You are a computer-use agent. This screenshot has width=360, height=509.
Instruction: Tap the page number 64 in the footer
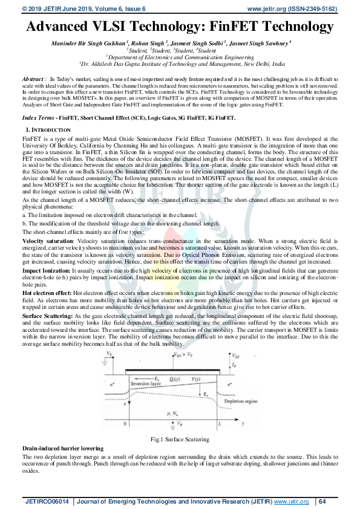point(322,501)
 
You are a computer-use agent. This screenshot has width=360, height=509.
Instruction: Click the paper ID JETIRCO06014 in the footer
point(46,501)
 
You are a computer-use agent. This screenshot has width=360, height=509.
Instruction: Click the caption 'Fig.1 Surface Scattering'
point(180,439)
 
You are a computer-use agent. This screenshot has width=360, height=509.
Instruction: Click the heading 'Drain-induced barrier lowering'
point(62,448)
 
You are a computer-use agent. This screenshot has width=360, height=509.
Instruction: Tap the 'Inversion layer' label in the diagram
point(143,382)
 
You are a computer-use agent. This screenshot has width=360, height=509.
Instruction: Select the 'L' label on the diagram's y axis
point(220,425)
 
